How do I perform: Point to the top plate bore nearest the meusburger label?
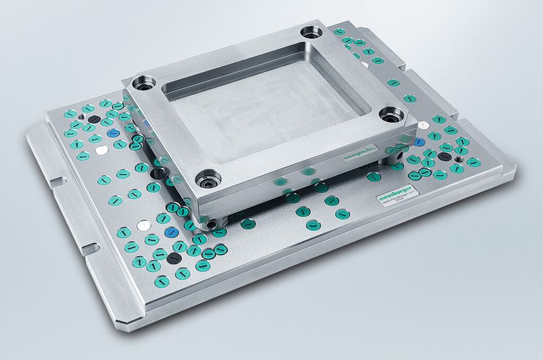(x=391, y=115)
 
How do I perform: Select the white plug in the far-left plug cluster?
(x=101, y=147)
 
